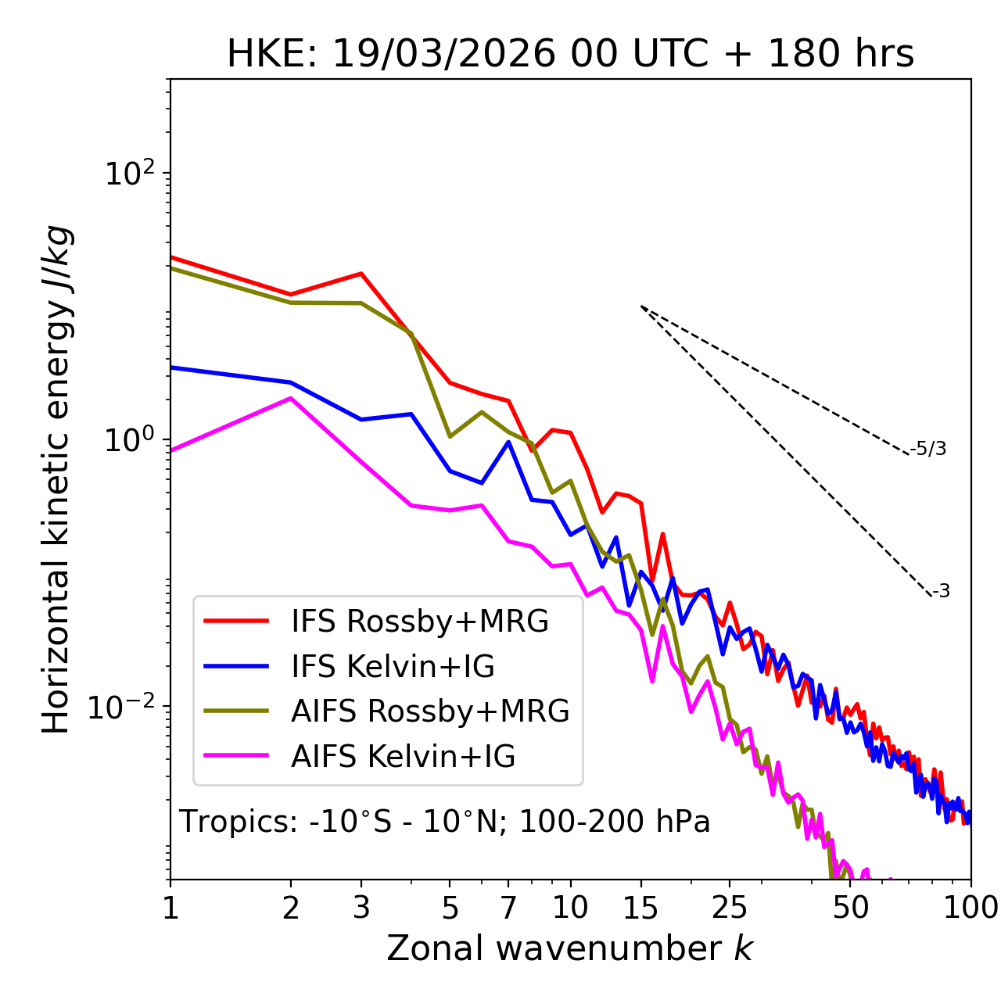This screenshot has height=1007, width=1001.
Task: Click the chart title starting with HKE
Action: [570, 55]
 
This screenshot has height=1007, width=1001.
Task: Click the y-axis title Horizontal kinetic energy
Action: [56, 479]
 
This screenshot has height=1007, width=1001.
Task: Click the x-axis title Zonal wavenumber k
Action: [569, 948]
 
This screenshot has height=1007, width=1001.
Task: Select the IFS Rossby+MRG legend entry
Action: [419, 622]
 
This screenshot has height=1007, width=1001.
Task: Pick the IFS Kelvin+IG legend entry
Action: [393, 667]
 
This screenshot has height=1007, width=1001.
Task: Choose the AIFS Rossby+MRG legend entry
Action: [429, 711]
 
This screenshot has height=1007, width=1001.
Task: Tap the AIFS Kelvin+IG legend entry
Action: [403, 757]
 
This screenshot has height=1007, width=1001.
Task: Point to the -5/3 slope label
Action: [928, 449]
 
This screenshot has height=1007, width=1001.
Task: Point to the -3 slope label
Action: [941, 592]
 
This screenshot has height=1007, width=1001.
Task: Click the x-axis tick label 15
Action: [641, 908]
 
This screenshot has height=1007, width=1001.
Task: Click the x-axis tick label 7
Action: [508, 908]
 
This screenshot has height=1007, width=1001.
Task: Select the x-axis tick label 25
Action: [730, 908]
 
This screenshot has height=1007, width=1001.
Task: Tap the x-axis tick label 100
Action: [971, 908]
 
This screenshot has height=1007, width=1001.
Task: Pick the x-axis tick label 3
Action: [361, 908]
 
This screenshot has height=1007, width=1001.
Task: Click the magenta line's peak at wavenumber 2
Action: [291, 398]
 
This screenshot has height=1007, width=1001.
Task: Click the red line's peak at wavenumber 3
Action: [361, 274]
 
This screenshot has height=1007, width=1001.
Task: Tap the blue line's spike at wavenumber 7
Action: [508, 442]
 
